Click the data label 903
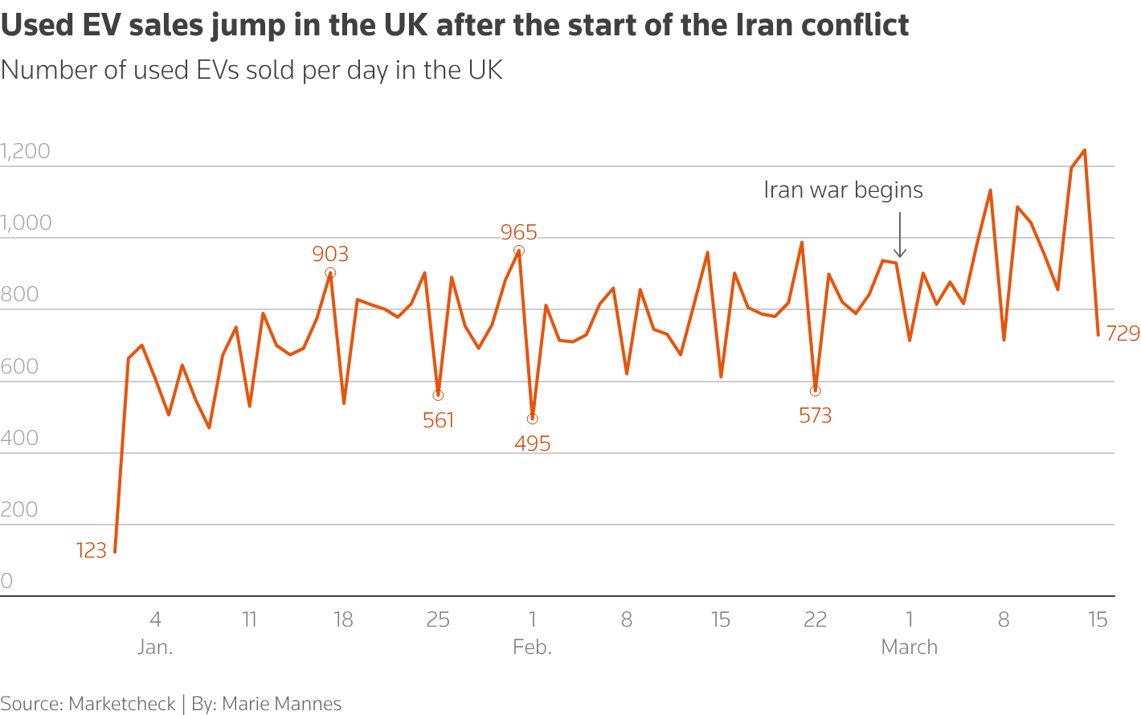click(x=330, y=254)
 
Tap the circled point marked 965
click(x=519, y=251)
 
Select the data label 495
click(x=532, y=443)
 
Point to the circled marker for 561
click(x=438, y=395)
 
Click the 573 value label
click(x=815, y=415)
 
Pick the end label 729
click(x=1123, y=333)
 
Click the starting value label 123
click(x=92, y=550)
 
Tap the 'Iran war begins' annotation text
click(x=843, y=190)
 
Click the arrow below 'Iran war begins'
click(x=900, y=235)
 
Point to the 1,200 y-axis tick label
click(x=26, y=151)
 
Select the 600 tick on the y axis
click(x=20, y=366)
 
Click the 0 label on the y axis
click(x=7, y=581)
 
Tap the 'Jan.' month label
click(x=155, y=647)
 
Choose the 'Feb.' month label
click(x=532, y=647)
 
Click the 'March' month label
click(x=909, y=647)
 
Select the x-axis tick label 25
click(x=438, y=619)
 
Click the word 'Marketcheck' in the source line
click(x=122, y=704)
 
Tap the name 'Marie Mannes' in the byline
click(x=281, y=704)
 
